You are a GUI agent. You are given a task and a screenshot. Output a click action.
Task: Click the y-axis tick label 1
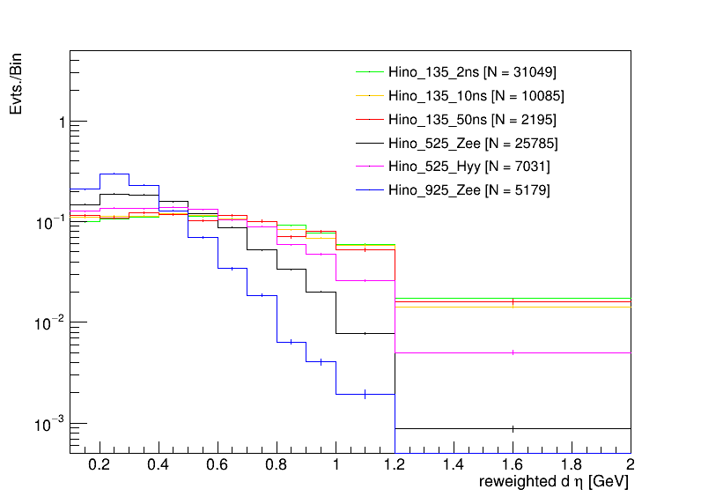[61, 122]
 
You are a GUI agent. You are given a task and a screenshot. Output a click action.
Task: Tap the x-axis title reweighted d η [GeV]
[554, 483]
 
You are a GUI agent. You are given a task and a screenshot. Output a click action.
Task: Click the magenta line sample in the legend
[369, 167]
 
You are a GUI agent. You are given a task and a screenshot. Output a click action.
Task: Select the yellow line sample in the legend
[369, 95]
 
